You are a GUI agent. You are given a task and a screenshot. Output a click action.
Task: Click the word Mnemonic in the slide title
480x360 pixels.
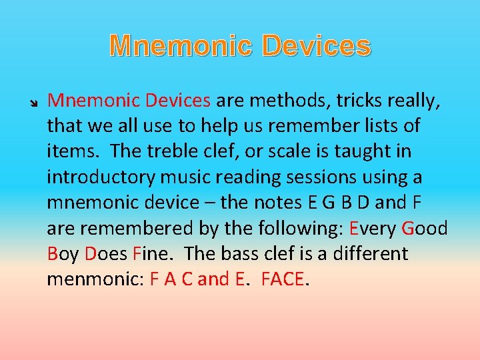tap(181, 47)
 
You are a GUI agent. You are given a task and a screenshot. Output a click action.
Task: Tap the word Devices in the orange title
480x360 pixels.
tap(317, 47)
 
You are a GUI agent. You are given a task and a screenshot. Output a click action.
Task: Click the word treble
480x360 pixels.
tap(170, 151)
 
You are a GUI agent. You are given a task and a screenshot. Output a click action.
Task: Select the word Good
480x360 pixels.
tap(425, 228)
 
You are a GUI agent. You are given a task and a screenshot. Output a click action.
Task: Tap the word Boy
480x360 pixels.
tap(64, 254)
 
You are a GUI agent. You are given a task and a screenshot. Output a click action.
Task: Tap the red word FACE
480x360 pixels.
tap(283, 279)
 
